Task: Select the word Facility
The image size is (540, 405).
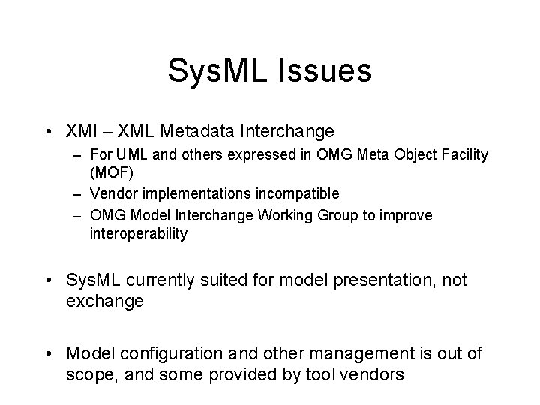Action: pos(462,155)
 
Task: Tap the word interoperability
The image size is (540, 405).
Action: pos(139,233)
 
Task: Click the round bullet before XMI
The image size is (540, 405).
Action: pos(48,132)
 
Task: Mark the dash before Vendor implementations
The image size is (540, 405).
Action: pos(77,193)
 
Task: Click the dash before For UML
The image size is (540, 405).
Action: pos(77,155)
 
